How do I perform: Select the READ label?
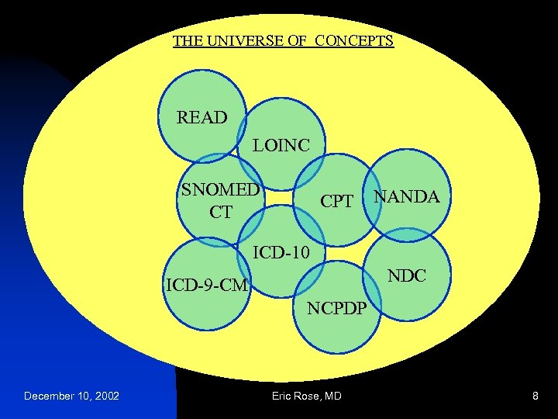(x=202, y=118)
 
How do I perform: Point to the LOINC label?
(x=281, y=145)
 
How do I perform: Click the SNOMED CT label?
(x=220, y=201)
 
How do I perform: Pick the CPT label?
(x=337, y=203)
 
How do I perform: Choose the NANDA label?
(x=407, y=197)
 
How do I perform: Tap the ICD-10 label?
(x=281, y=252)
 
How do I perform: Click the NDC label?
(x=407, y=276)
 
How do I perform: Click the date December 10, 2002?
(x=71, y=396)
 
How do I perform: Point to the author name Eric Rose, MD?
(x=306, y=396)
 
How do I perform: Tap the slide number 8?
(x=535, y=396)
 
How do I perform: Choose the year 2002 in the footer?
(x=105, y=396)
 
